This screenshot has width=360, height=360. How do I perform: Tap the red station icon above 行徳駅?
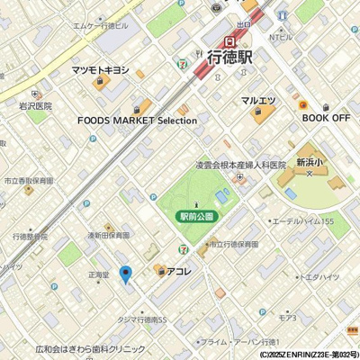(231, 40)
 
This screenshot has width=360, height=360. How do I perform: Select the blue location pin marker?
(126, 274)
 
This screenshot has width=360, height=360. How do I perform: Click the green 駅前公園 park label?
(195, 217)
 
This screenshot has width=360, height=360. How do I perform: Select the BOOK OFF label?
(326, 117)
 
